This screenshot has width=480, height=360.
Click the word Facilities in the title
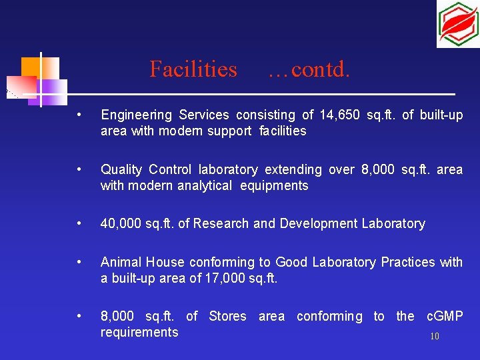193,69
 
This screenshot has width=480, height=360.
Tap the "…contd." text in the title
308,69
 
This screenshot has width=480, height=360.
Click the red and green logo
458,24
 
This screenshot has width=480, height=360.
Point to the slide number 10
435,337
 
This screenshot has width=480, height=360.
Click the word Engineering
134,115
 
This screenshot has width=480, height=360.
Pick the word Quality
121,169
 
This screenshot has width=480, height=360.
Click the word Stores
227,316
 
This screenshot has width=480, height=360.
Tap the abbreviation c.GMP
444,316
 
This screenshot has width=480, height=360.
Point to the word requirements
139,332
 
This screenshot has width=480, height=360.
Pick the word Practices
408,262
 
